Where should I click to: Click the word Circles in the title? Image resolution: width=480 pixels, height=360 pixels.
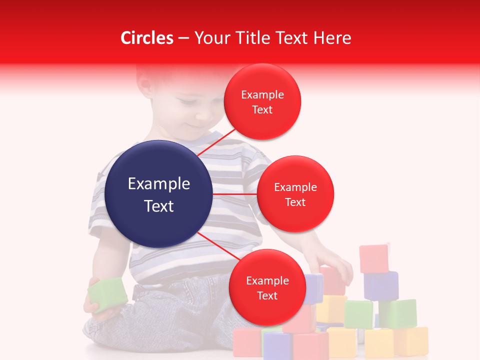[x=147, y=38]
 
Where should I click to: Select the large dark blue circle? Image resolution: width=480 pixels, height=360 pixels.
[x=159, y=194]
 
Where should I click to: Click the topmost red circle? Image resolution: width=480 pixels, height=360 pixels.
[x=262, y=101]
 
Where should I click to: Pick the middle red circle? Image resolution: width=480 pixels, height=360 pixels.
[x=295, y=194]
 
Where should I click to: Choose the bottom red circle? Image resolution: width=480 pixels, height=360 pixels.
[x=267, y=287]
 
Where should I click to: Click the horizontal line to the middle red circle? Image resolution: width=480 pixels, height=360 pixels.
[x=234, y=194]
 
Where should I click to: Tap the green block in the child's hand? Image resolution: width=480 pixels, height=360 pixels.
[x=107, y=294]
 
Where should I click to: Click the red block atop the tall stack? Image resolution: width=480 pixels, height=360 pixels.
[x=374, y=258]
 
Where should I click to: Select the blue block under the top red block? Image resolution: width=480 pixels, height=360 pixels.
[x=381, y=285]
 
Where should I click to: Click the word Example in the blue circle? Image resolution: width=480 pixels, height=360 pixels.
[x=159, y=184]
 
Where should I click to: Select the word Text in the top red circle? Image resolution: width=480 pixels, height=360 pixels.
[x=262, y=109]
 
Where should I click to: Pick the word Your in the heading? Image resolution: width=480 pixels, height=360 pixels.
[x=209, y=38]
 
